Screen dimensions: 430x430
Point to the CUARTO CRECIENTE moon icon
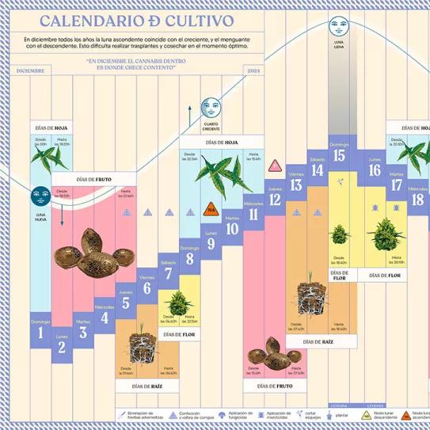pyautogui.click(x=211, y=106)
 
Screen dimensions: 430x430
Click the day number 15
pyautogui.click(x=339, y=156)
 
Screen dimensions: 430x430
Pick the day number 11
pyautogui.click(x=253, y=215)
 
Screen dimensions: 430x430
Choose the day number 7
pyautogui.click(x=168, y=274)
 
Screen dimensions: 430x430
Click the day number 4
pyautogui.click(x=105, y=319)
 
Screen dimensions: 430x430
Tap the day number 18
pyautogui.click(x=418, y=200)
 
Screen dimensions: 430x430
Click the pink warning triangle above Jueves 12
pyautogui.click(x=275, y=166)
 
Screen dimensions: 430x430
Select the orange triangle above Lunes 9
pyautogui.click(x=211, y=210)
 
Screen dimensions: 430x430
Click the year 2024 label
pyautogui.click(x=253, y=71)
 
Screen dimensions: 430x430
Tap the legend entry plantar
pyautogui.click(x=341, y=414)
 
